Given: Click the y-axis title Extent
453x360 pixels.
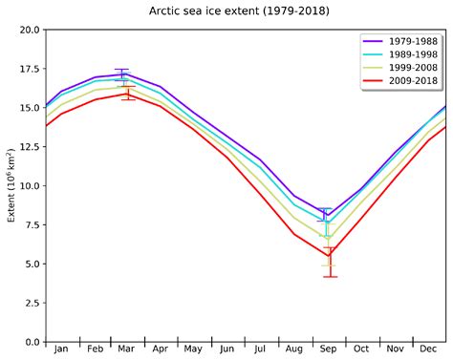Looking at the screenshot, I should click(x=11, y=186).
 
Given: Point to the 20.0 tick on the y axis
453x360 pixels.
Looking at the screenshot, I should click(x=29, y=31).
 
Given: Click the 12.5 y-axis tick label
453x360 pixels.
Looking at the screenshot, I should click(x=29, y=147).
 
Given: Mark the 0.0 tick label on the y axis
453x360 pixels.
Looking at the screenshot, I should click(x=32, y=342).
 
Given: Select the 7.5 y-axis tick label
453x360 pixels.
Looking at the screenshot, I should click(x=32, y=225).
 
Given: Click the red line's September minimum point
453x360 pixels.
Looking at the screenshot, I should click(x=329, y=256).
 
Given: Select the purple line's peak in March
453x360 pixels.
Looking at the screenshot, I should click(x=122, y=74).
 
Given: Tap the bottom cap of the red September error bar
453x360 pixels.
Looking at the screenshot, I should click(x=329, y=277).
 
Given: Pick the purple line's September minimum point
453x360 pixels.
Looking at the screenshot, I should click(x=328, y=216).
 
